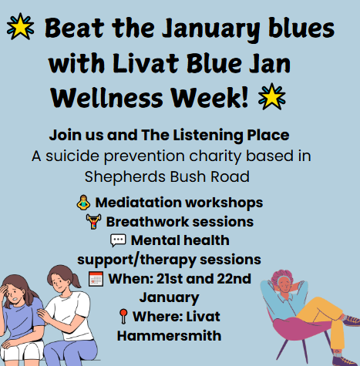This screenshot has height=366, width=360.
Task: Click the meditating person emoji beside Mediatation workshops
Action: pos(82,203)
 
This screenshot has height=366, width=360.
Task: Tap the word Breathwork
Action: pos(138,222)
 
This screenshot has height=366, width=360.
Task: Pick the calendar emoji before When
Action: pos(95,278)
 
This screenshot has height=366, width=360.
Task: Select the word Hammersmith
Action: pos(166,334)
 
